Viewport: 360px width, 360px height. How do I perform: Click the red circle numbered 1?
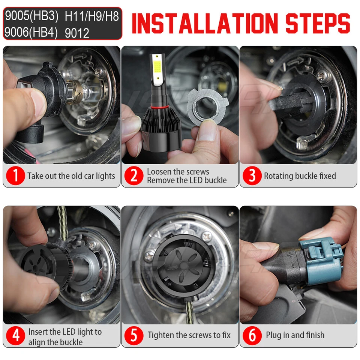[15, 175]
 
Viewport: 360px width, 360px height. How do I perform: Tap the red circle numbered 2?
[134, 175]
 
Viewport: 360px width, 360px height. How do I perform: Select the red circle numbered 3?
[252, 175]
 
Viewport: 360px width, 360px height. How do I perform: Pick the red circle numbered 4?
[15, 335]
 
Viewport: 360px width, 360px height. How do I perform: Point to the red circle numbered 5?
[134, 335]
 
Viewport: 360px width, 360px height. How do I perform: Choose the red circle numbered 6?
[252, 335]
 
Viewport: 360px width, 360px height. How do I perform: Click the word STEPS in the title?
[318, 23]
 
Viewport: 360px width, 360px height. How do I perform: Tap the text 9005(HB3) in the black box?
[31, 16]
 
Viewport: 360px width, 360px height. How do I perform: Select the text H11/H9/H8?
[91, 16]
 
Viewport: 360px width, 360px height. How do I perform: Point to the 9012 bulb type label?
[77, 33]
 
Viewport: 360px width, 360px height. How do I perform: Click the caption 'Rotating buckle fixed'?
[300, 176]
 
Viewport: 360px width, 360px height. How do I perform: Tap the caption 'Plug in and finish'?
[295, 335]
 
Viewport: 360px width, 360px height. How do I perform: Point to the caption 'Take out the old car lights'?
[71, 176]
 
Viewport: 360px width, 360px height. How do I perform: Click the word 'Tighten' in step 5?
[161, 335]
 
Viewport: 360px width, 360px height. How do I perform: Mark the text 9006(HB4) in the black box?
[31, 32]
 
